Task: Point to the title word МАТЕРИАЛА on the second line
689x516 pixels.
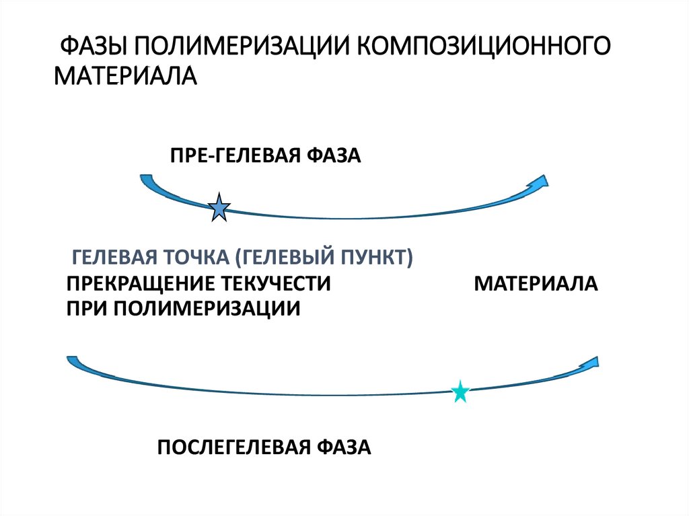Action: tap(125, 74)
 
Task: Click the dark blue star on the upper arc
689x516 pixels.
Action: tap(219, 208)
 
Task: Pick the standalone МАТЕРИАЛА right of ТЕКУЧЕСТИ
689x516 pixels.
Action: tap(536, 283)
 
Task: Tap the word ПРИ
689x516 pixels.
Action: tap(85, 308)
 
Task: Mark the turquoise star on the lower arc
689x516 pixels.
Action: tap(460, 392)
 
